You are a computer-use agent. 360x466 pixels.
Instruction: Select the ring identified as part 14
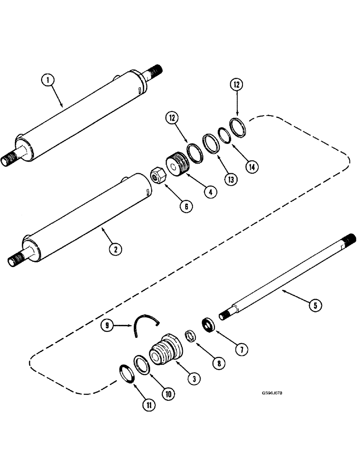pos(225,136)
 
